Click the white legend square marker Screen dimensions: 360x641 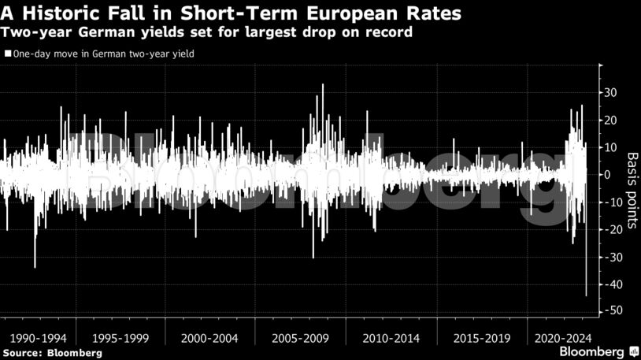[x=8, y=54]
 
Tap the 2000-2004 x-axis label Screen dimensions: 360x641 [x=209, y=337]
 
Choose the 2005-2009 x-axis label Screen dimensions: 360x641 [x=300, y=337]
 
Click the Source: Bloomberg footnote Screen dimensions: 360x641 [x=51, y=353]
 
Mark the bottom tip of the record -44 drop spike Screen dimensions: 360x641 [x=586, y=295]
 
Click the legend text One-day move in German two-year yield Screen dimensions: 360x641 [x=103, y=54]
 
